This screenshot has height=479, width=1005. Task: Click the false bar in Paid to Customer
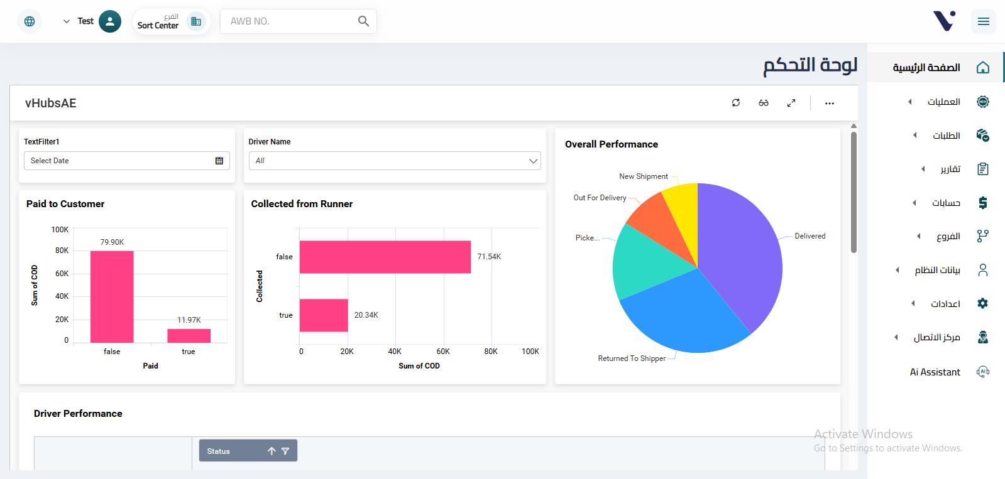point(112,296)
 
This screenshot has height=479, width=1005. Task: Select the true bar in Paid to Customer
point(189,335)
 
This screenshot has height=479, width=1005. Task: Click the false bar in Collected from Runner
point(385,257)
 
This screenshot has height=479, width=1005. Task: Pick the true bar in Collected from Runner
point(324,315)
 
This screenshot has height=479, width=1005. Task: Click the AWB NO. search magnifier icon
point(363,21)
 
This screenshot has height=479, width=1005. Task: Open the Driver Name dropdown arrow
point(533,161)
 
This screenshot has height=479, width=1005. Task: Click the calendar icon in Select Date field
point(219,161)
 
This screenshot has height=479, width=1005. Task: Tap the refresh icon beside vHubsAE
point(736,103)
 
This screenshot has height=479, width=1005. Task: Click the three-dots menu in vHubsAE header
point(830,103)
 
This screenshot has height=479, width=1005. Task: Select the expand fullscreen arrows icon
point(791,103)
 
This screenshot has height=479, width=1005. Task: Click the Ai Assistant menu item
point(935,372)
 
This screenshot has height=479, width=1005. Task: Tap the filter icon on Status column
point(285,451)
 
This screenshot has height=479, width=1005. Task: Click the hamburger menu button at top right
point(983,21)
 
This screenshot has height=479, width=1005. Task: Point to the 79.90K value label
point(112,242)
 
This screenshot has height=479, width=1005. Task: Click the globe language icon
point(30,21)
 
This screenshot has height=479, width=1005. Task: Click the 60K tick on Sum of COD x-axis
point(443,352)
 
